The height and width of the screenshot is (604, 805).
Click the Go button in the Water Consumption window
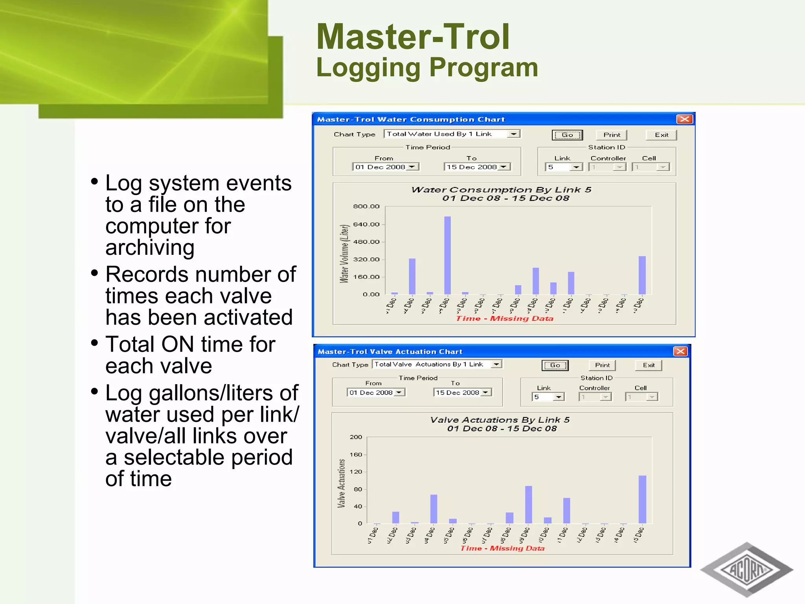(x=567, y=135)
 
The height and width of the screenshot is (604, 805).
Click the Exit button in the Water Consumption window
(x=661, y=135)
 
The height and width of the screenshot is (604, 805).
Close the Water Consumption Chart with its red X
(x=684, y=119)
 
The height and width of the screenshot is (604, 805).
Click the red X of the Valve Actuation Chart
(x=680, y=351)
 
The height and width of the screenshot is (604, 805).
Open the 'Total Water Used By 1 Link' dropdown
(x=513, y=134)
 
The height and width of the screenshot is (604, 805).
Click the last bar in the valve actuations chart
(x=642, y=499)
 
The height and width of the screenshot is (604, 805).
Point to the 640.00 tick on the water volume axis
(x=366, y=225)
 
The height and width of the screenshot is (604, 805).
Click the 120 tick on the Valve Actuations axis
(x=356, y=472)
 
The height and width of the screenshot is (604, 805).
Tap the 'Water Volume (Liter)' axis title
(x=344, y=254)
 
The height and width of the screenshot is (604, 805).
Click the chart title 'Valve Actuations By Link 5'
(x=500, y=420)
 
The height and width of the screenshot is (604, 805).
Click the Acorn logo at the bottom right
(x=746, y=569)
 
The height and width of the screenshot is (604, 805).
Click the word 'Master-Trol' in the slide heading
(x=413, y=37)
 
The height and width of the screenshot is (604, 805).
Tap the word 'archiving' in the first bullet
(x=150, y=248)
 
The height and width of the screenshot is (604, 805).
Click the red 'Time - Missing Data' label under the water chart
(x=504, y=319)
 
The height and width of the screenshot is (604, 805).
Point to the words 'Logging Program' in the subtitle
(x=427, y=68)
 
